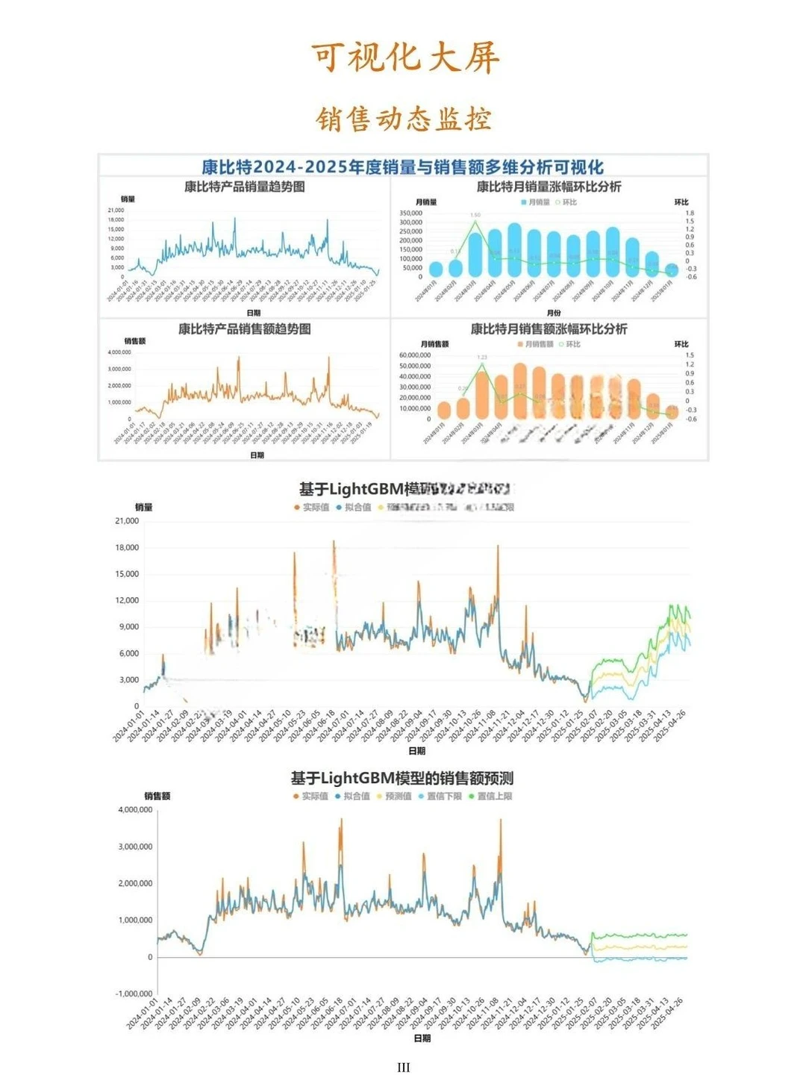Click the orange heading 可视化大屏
(x=404, y=57)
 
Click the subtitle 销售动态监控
(x=404, y=119)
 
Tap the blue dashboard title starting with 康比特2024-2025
(x=403, y=166)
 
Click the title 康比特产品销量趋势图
(x=245, y=187)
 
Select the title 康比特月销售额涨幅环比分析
(x=549, y=329)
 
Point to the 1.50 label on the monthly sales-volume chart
(x=475, y=215)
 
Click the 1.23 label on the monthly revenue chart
(x=481, y=358)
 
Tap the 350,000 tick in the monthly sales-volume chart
(x=411, y=214)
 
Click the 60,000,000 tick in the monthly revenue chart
(x=414, y=355)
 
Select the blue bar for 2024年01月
(x=436, y=269)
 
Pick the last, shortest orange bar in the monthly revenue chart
(x=672, y=411)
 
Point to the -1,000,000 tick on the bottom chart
(x=134, y=994)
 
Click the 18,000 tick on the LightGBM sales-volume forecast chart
(x=127, y=547)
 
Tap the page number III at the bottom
(x=404, y=1068)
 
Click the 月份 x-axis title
(x=553, y=313)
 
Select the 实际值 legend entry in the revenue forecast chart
(x=311, y=797)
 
